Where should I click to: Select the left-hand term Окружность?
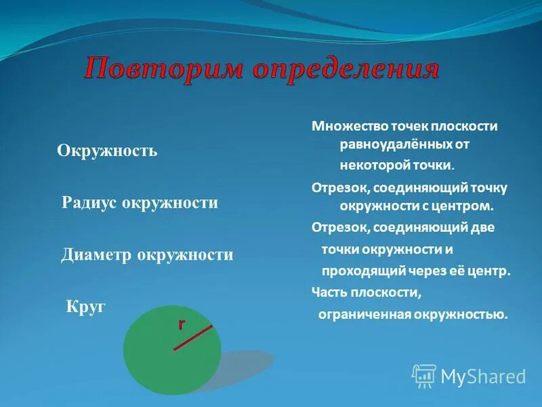point(107,151)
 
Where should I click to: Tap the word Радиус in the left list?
point(89,203)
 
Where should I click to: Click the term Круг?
point(86,306)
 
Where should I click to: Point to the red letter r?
point(181,325)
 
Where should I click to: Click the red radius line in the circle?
point(193,338)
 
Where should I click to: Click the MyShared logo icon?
point(424,375)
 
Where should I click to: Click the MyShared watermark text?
point(483,376)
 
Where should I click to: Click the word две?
point(481,228)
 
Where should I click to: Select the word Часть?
point(329,292)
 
